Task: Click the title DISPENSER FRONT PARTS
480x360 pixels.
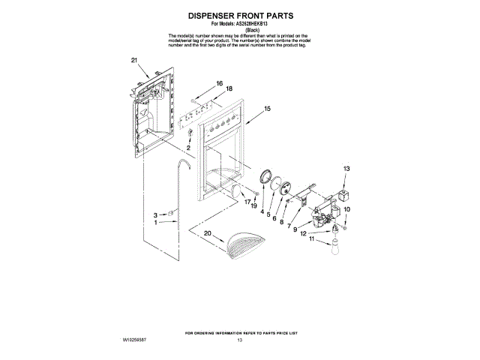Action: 240,15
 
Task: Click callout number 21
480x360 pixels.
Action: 134,59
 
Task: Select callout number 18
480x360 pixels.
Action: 229,88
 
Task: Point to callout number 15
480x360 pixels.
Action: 267,109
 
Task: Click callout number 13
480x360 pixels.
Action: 346,169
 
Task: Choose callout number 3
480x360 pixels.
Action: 156,214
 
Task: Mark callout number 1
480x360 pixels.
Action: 156,223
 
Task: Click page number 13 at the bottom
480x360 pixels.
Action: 240,340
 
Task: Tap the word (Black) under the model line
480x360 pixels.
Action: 240,30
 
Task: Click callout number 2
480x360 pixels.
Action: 189,148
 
